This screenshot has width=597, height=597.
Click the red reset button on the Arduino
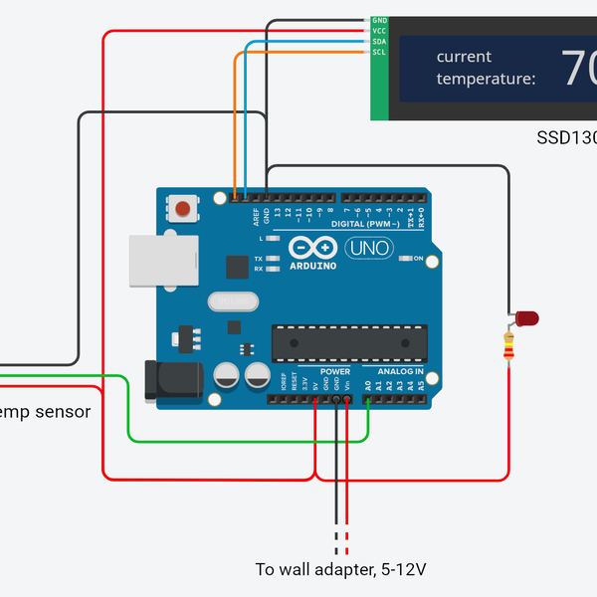(x=183, y=209)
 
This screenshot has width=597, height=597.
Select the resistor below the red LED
(x=510, y=347)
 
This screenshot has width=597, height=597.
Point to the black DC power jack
(x=169, y=382)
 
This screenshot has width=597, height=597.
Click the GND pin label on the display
(x=379, y=20)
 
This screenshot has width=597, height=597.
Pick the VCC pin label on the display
(x=379, y=31)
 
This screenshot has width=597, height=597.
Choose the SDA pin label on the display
(x=379, y=42)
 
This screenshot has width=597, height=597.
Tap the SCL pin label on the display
(x=379, y=52)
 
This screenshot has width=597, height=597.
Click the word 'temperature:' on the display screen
(x=486, y=79)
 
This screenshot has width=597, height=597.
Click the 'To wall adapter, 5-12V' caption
(x=340, y=570)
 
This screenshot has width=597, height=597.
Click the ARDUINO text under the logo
(x=312, y=266)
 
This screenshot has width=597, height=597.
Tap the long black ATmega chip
(x=348, y=341)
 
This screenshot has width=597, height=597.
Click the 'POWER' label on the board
(x=335, y=371)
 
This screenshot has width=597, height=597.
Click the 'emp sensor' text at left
(x=45, y=411)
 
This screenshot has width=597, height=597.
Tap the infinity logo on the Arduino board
(x=310, y=247)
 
